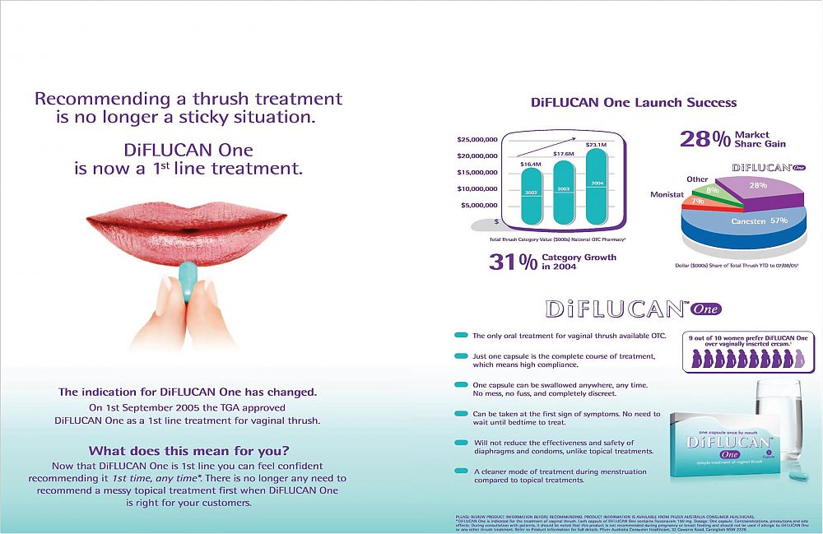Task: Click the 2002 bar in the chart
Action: coord(532,198)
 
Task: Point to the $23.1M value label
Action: coord(597,145)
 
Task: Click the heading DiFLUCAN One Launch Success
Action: coord(634,103)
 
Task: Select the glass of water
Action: coord(778,420)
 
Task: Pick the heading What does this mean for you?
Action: coord(188,450)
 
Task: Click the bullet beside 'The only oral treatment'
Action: coord(461,336)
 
